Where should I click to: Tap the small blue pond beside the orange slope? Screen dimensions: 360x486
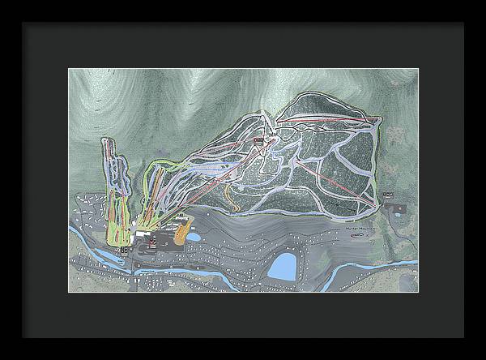(194, 236)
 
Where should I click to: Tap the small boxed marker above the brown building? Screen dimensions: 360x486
(390, 194)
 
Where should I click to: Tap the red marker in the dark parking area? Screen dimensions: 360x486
(152, 243)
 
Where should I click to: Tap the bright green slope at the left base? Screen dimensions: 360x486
(117, 231)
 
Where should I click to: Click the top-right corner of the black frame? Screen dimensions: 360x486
(463, 24)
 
